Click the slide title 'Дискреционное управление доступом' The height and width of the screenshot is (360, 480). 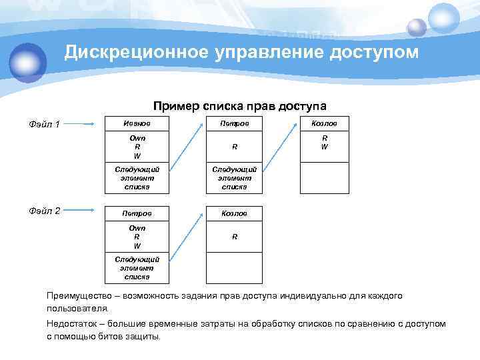(x=241, y=52)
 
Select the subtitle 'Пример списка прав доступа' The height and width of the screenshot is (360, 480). (x=239, y=106)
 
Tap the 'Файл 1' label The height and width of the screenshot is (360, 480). (x=45, y=124)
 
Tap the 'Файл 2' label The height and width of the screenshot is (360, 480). (x=45, y=211)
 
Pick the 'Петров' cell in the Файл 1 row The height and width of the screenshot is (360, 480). (x=234, y=123)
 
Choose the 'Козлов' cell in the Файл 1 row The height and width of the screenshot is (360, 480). (x=324, y=123)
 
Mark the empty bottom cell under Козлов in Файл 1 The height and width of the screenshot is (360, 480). (x=324, y=178)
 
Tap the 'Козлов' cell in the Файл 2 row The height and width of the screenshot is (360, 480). (x=234, y=213)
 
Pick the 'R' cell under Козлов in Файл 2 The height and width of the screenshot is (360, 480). (x=234, y=237)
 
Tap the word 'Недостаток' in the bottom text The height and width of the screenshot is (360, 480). (x=71, y=324)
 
